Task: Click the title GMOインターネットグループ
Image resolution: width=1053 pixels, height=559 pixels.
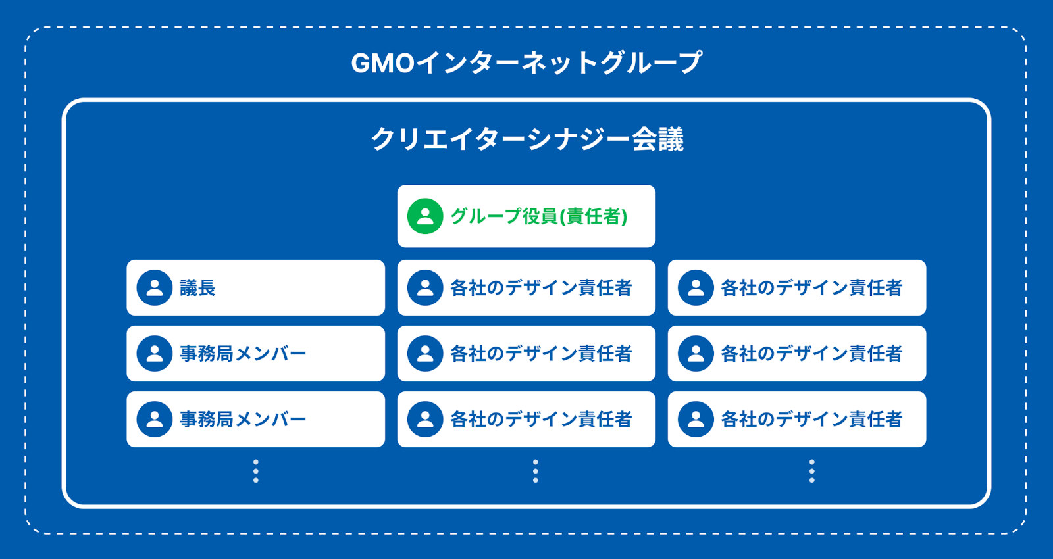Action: tap(526, 63)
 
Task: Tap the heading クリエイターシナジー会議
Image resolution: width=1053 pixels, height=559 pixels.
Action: tap(526, 139)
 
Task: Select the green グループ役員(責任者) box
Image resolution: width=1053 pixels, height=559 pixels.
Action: tap(526, 216)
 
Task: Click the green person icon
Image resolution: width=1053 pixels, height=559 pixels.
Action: tap(425, 216)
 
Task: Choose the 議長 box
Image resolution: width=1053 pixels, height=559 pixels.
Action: tap(255, 287)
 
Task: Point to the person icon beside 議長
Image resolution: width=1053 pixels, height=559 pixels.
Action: tap(155, 287)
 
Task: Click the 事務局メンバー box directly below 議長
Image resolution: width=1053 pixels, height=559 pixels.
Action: tap(255, 353)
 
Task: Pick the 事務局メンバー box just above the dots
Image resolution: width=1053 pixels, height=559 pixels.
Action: tap(255, 419)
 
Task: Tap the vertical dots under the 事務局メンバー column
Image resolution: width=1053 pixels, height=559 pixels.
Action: tap(256, 472)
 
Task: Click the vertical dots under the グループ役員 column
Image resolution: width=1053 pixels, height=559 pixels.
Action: tap(535, 472)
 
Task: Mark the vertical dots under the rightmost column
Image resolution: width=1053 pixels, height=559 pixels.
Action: tap(811, 472)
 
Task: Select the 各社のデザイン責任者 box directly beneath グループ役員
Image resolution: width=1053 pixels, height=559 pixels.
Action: tap(526, 287)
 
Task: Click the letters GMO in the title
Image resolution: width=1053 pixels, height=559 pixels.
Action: tap(382, 64)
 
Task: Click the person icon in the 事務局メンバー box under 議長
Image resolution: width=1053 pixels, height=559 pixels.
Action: tap(155, 353)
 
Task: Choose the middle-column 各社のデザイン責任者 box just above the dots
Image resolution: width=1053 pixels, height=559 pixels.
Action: tap(526, 419)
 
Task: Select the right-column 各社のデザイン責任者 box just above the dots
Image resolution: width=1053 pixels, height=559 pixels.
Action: tap(796, 419)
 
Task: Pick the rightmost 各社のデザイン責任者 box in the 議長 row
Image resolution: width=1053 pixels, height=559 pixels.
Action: tap(796, 287)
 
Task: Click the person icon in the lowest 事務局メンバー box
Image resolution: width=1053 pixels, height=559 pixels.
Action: tap(155, 419)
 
